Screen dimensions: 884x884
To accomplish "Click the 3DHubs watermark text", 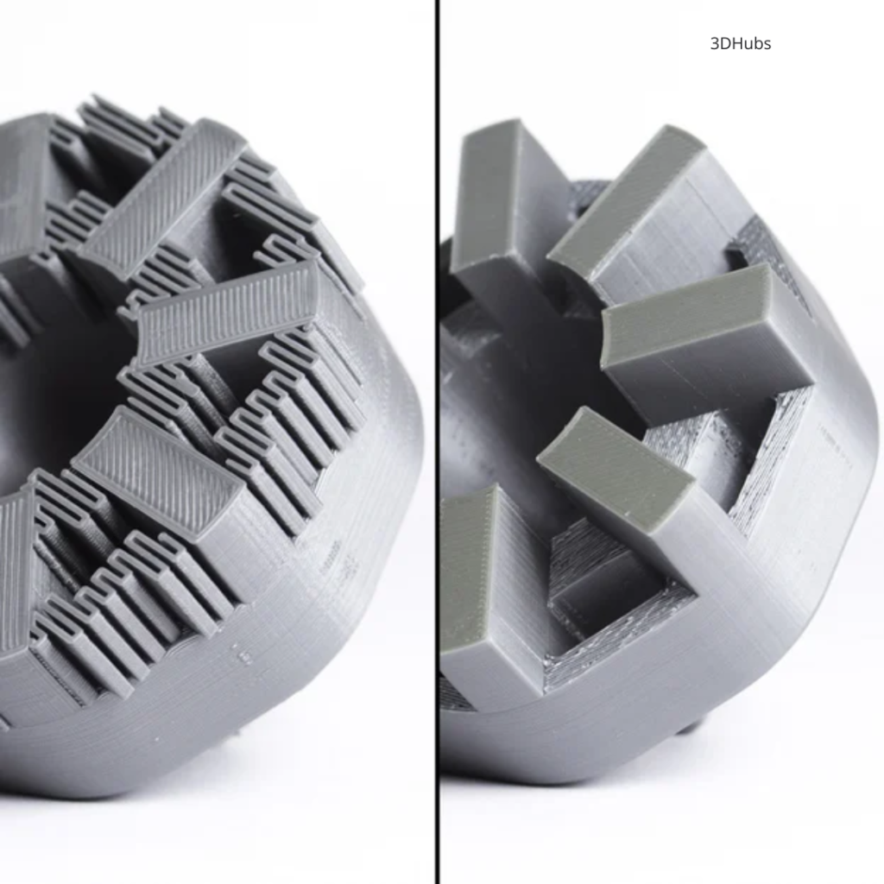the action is (740, 44).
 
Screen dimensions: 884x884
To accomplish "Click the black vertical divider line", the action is (437, 442).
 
